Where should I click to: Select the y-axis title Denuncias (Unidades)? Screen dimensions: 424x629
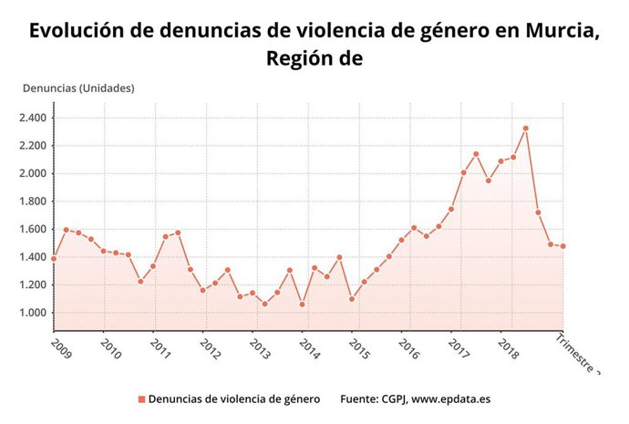click(x=78, y=88)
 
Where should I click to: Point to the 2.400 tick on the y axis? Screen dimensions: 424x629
click(x=34, y=118)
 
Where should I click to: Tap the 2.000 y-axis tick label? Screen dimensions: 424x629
click(x=34, y=173)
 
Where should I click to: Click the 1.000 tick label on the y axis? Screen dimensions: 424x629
click(x=34, y=313)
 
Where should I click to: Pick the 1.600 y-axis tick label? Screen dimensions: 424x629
click(x=34, y=229)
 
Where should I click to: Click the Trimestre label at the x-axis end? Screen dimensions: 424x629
click(x=580, y=357)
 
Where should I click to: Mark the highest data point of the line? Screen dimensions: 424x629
click(x=525, y=129)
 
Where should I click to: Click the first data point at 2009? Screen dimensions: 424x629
click(x=54, y=259)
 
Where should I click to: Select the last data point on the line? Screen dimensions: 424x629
click(x=562, y=246)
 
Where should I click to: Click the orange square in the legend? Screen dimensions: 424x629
click(x=141, y=399)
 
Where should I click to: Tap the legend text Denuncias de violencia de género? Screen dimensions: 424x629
click(x=233, y=399)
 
